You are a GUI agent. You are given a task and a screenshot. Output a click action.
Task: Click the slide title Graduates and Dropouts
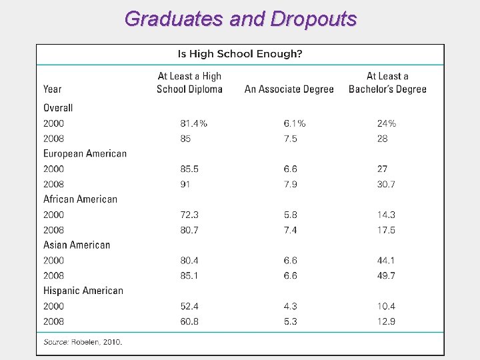tap(240, 19)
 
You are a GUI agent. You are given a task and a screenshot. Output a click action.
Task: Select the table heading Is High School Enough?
tap(239, 54)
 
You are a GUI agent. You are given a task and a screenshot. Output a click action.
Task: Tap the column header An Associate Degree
tap(289, 89)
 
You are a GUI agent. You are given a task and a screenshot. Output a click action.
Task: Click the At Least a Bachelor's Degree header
tap(387, 83)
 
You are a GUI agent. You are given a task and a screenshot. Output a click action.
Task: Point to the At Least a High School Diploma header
tap(189, 83)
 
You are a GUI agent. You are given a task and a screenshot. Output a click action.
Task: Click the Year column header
tap(53, 89)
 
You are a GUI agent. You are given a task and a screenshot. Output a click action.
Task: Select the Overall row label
tap(58, 108)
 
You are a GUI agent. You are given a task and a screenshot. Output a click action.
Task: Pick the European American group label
tap(85, 153)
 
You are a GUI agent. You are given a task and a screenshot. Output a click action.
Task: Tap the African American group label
tap(80, 199)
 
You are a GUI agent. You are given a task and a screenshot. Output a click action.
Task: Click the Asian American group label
tap(77, 245)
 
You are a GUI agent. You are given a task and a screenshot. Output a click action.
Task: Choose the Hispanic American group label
tap(83, 291)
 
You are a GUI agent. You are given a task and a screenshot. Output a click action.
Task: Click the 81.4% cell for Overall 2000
tap(193, 123)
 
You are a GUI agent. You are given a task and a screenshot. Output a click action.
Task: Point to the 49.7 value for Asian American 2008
tap(386, 275)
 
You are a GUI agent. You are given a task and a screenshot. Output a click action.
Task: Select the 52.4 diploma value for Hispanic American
tap(189, 306)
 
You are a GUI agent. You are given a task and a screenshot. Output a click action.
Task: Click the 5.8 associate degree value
tap(290, 215)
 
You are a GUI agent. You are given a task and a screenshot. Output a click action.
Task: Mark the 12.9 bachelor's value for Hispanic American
tap(386, 321)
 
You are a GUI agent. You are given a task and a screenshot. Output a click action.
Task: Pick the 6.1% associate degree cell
tap(294, 123)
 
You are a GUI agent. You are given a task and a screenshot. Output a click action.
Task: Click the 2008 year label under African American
tap(54, 230)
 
